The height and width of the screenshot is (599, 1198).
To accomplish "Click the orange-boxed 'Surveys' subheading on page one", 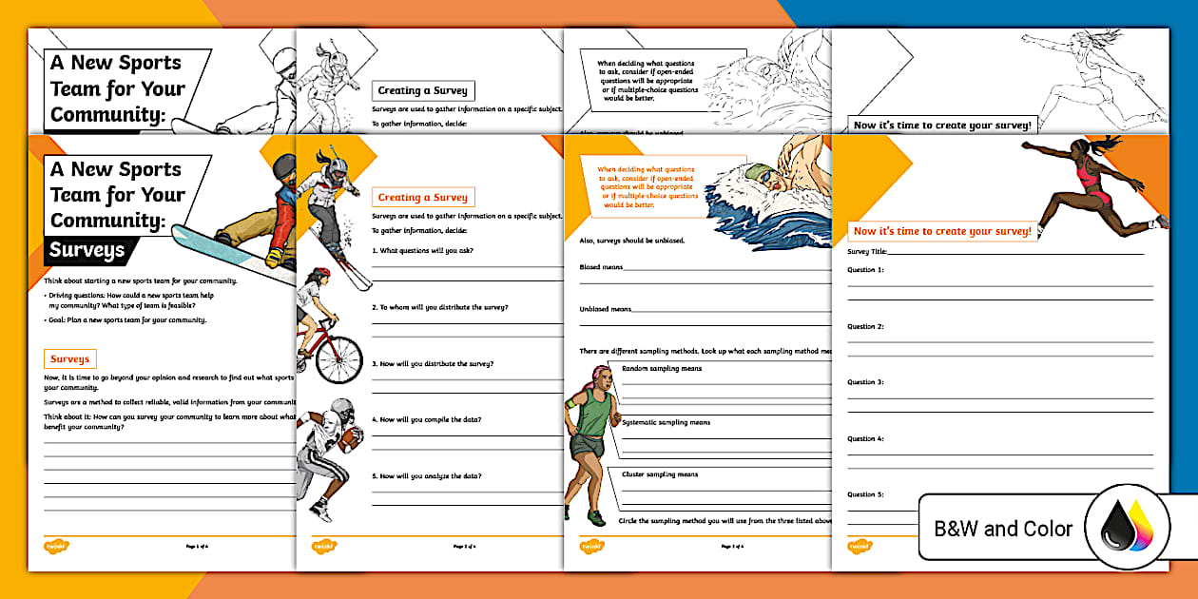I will click(x=70, y=359).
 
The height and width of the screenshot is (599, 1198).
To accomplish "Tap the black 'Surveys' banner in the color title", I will click(x=87, y=251).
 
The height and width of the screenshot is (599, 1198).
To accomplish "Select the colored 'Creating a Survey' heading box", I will click(x=422, y=198).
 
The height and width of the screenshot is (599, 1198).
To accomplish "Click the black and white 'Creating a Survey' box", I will click(x=422, y=90).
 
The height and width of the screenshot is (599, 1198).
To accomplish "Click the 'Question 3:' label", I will click(x=865, y=382).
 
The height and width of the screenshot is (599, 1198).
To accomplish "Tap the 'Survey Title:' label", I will click(x=867, y=252).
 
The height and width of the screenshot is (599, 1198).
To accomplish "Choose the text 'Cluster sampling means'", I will click(x=660, y=474).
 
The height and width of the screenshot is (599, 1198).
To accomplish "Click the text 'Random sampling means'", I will click(x=662, y=368).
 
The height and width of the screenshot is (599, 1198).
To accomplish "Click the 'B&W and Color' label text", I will click(x=1002, y=529).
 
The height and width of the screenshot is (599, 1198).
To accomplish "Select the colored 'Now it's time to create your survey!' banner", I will click(x=941, y=231).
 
